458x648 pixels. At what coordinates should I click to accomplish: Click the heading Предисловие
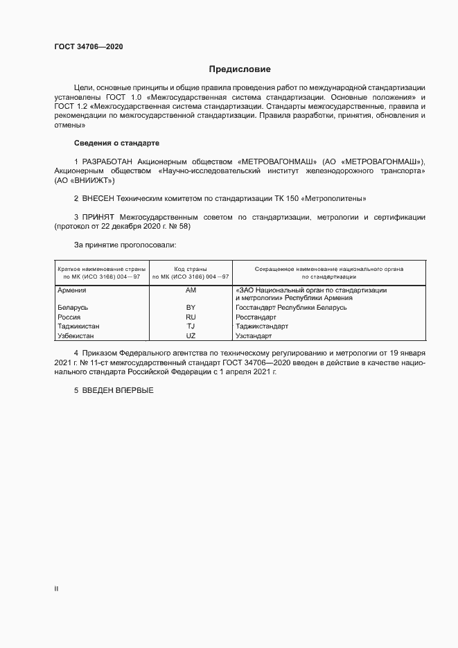(240, 69)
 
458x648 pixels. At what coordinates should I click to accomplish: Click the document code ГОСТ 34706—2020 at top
(89, 47)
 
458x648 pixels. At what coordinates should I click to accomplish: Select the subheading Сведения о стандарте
(116, 143)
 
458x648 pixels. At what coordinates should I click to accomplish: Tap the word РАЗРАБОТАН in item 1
(108, 161)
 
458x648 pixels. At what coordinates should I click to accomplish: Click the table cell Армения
(72, 290)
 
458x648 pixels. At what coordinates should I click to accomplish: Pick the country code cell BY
(191, 307)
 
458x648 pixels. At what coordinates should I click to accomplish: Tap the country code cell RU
(191, 316)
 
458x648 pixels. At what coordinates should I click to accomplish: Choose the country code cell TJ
(191, 326)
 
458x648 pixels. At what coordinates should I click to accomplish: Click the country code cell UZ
(191, 335)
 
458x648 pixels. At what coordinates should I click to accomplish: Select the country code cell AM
(191, 290)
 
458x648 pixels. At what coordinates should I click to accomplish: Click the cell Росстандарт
(255, 316)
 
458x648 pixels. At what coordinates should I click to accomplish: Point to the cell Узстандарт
(254, 335)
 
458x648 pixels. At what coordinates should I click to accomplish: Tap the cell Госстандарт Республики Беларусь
(291, 307)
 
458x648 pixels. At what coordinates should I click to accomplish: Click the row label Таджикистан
(78, 326)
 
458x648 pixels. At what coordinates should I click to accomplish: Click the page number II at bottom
(56, 588)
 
